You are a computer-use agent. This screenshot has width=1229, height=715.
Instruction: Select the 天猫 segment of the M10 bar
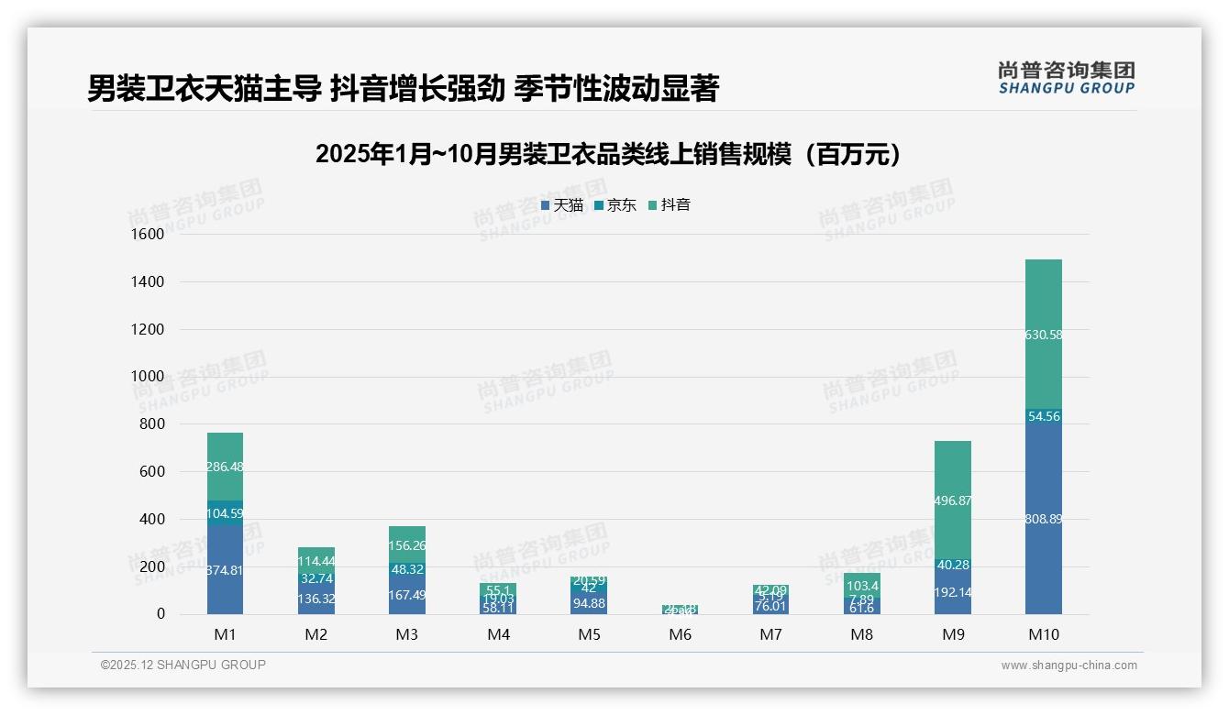click(x=1043, y=550)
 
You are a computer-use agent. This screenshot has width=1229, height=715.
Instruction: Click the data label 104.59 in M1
click(x=225, y=513)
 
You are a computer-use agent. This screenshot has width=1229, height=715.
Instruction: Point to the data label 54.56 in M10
click(x=1044, y=416)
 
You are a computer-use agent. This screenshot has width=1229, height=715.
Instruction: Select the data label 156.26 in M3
click(x=407, y=545)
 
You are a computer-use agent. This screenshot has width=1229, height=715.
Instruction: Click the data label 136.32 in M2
click(x=316, y=599)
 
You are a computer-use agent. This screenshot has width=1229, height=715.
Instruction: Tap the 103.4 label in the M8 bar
click(x=862, y=586)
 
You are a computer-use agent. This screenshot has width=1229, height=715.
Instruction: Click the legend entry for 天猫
click(x=562, y=205)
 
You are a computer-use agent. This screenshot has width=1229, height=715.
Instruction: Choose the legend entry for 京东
click(x=615, y=205)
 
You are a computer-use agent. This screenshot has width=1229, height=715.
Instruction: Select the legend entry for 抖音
click(x=670, y=205)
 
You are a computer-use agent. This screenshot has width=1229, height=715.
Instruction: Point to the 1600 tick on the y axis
click(x=147, y=235)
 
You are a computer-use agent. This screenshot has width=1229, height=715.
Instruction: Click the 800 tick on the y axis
click(x=150, y=424)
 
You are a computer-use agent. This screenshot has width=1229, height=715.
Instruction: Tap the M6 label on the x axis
click(x=680, y=635)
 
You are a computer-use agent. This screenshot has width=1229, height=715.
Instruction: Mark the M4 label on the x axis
click(x=498, y=635)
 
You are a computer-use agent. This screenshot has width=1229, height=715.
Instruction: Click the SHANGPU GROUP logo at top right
click(x=1066, y=78)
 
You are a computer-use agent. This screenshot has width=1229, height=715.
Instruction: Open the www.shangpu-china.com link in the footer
click(x=1068, y=665)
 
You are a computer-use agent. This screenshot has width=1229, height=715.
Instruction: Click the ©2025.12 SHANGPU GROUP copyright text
click(x=183, y=665)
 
